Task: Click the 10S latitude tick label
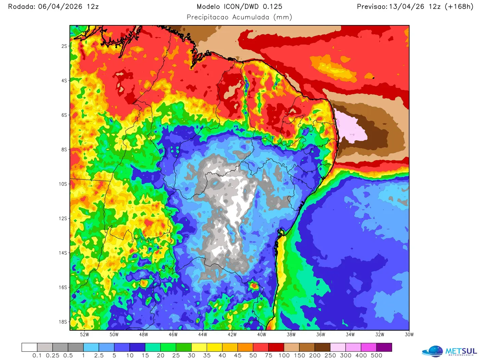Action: tap(63, 184)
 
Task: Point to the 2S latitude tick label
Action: tap(64, 46)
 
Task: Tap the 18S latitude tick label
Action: tap(63, 322)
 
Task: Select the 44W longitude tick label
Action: tap(203, 335)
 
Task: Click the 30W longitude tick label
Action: tap(409, 335)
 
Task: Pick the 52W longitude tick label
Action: tap(85, 335)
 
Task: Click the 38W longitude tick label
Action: tap(291, 335)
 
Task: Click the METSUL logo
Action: tap(449, 351)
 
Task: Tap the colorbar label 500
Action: tap(376, 356)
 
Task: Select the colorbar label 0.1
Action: tap(37, 356)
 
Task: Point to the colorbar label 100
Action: tap(284, 356)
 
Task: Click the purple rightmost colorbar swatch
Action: tap(384, 347)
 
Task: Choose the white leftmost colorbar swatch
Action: tap(29, 347)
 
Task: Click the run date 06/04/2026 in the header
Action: tap(60, 7)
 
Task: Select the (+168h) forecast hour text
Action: tap(459, 7)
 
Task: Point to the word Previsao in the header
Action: tap(372, 7)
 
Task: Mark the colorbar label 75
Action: tap(269, 356)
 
